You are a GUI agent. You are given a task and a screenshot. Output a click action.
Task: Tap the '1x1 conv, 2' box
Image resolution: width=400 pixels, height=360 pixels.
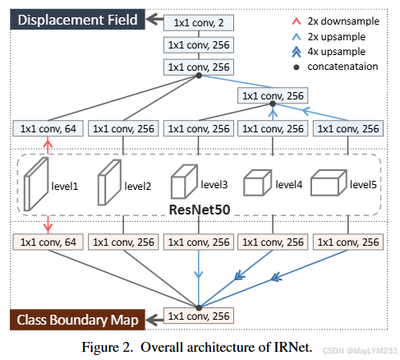tap(197, 21)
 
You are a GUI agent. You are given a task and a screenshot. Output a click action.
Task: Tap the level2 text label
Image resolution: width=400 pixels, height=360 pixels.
tap(139, 186)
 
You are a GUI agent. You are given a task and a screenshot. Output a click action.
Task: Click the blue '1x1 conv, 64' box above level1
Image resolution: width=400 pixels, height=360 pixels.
tap(48, 128)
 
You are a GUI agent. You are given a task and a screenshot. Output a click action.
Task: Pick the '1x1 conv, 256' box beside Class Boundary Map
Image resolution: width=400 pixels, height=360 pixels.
tap(198, 316)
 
